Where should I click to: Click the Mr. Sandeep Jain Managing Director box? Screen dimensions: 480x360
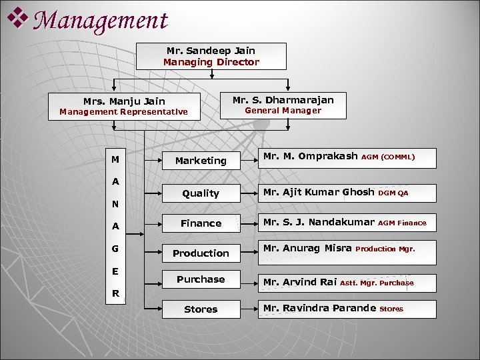[x=211, y=56]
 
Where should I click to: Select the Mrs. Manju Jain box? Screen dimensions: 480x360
[x=124, y=106]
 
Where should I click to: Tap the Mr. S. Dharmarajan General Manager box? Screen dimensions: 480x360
[x=283, y=105]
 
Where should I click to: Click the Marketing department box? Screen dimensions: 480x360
[x=201, y=161]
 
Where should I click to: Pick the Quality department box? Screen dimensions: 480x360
[x=201, y=193]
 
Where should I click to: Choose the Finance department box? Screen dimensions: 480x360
[x=201, y=223]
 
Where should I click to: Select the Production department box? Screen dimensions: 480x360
[x=201, y=253]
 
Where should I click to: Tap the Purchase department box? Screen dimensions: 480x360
[x=201, y=279]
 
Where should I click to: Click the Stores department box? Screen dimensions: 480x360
[x=201, y=309]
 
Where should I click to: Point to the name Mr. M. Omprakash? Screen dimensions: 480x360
[x=310, y=157]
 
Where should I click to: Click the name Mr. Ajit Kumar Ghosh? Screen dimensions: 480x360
[x=319, y=192]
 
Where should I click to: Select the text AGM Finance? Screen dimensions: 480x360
[x=402, y=223]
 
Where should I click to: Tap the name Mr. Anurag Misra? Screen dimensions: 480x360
[x=307, y=249]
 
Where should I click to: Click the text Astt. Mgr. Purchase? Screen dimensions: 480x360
[x=377, y=283]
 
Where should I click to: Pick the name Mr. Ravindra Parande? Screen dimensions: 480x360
[x=319, y=308]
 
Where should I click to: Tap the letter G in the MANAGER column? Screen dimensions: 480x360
[x=115, y=249]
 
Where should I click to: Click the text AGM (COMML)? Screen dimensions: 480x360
[x=388, y=158]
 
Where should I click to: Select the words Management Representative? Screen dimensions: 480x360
[x=123, y=112]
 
